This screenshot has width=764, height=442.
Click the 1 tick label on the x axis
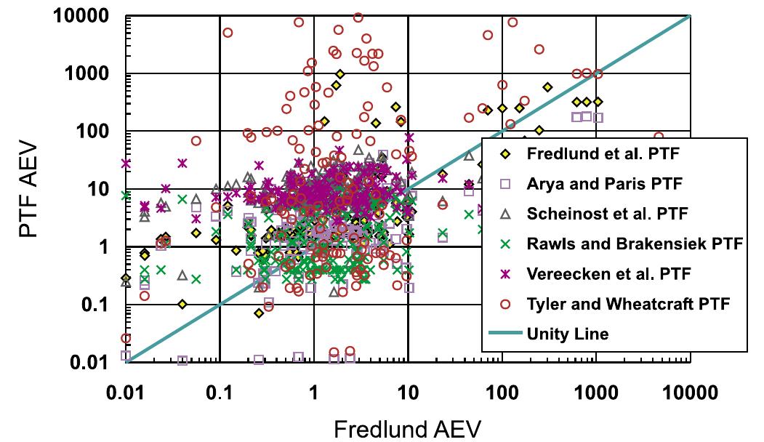click(x=313, y=393)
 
